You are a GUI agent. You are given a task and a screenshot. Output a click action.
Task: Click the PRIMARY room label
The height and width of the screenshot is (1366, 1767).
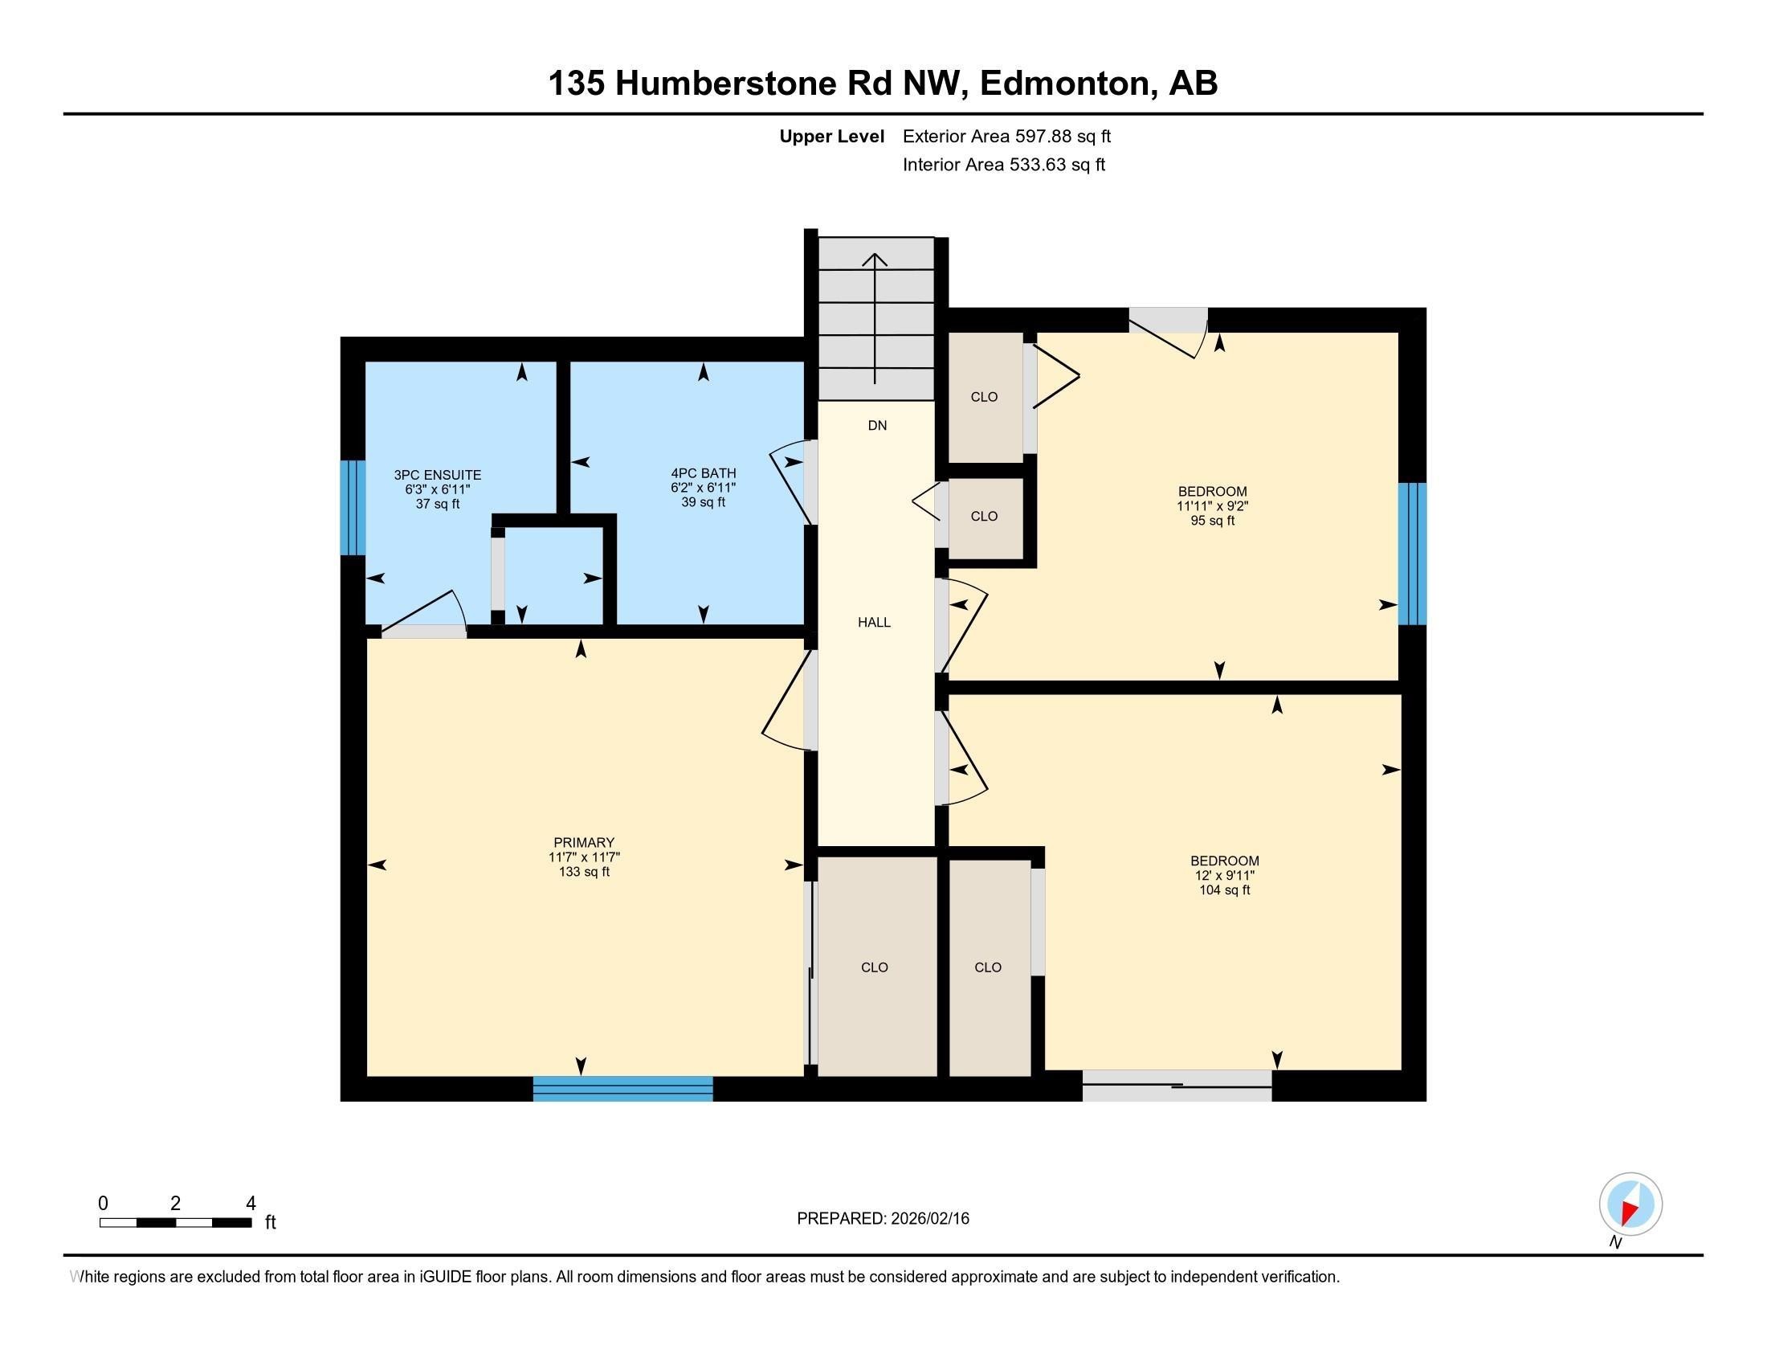click(x=583, y=857)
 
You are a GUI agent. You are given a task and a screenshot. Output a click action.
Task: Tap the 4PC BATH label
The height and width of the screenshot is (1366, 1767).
click(x=703, y=487)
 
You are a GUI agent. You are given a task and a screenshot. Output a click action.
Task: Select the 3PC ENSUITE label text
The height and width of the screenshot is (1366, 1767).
click(x=437, y=489)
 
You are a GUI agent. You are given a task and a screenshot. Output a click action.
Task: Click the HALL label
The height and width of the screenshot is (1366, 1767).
click(x=874, y=622)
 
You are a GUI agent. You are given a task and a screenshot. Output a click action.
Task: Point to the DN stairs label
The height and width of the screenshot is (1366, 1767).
click(x=877, y=426)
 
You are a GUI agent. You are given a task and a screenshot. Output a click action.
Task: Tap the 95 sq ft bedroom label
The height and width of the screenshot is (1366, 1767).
click(x=1212, y=505)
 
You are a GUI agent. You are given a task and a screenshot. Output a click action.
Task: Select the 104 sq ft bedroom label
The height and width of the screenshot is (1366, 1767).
click(x=1224, y=875)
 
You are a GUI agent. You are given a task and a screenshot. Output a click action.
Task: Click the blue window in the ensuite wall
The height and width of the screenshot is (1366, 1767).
click(x=352, y=507)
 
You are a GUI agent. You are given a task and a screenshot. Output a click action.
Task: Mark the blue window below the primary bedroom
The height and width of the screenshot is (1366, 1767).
click(x=622, y=1089)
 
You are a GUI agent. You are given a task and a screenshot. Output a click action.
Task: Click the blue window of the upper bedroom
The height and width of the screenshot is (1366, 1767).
click(x=1412, y=554)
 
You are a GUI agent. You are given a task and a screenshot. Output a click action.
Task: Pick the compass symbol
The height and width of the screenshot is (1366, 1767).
click(x=1630, y=1204)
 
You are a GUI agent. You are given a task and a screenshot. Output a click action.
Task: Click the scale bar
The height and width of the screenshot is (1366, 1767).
click(x=176, y=1223)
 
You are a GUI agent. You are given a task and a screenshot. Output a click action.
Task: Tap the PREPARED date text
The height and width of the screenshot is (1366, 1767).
click(x=883, y=1219)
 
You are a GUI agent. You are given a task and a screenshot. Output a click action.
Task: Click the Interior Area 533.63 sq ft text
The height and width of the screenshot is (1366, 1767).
click(x=1003, y=165)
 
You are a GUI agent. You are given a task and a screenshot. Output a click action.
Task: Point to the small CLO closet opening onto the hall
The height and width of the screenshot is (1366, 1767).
click(x=984, y=517)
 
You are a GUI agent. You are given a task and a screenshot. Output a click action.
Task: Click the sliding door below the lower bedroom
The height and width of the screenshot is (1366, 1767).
click(x=1177, y=1086)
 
